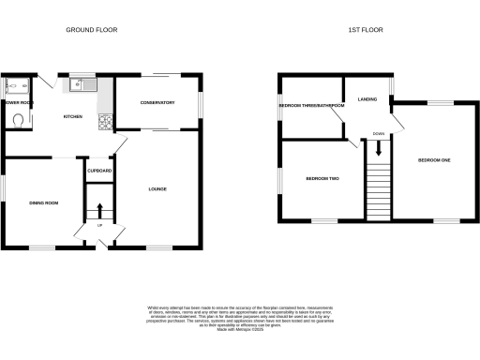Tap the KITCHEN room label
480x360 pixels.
tap(73, 116)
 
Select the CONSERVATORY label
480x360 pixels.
tap(158, 102)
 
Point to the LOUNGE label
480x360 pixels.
tap(157, 189)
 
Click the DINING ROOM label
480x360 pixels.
tap(44, 202)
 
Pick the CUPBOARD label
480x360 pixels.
tap(99, 171)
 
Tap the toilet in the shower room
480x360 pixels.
tap(20, 119)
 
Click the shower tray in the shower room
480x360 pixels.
tap(17, 87)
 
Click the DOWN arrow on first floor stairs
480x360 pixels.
tap(378, 145)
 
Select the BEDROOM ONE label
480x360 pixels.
tap(434, 161)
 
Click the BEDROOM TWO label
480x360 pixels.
tap(321, 177)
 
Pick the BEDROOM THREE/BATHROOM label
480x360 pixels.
tap(311, 106)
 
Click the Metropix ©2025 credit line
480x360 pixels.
tap(239, 327)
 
